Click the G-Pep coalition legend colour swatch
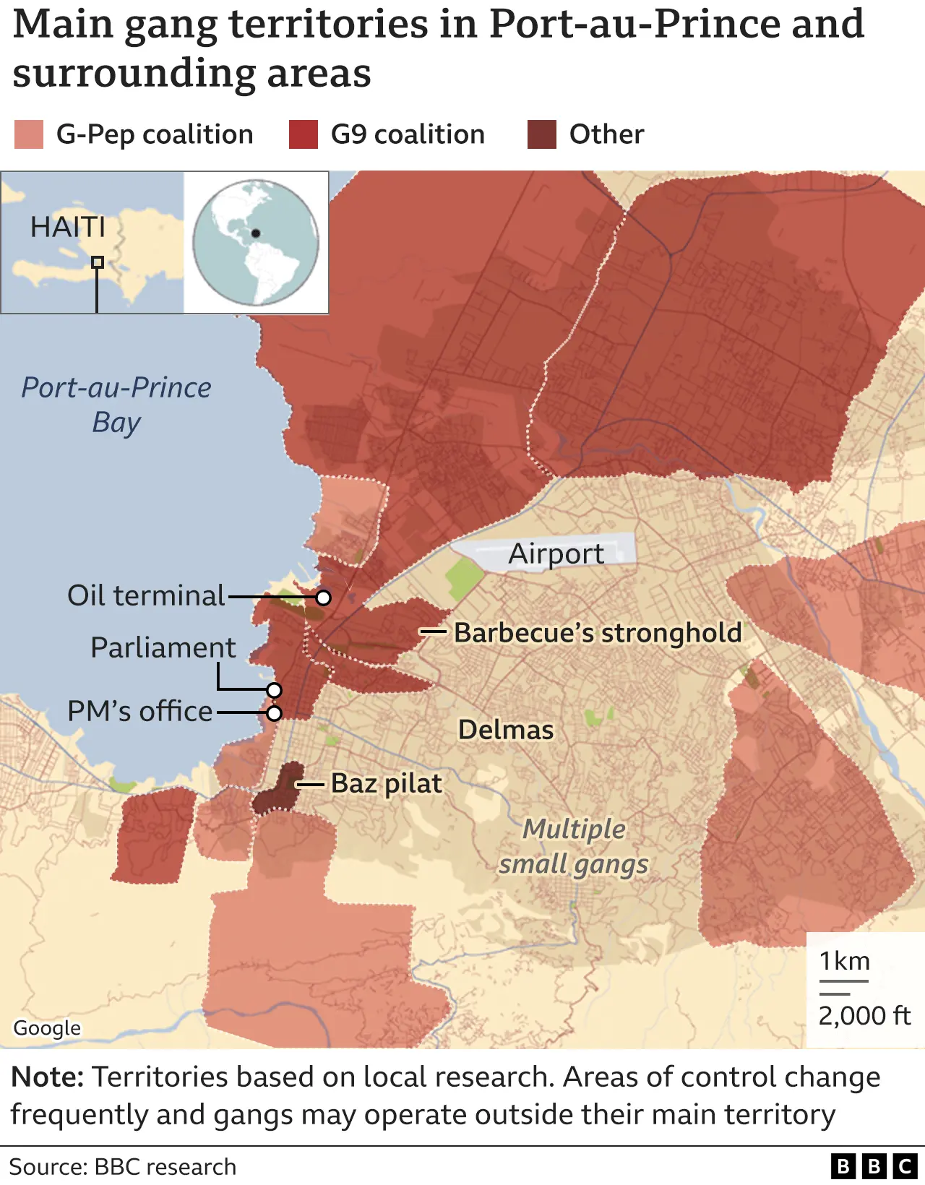pos(29,134)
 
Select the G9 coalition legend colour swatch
pos(303,134)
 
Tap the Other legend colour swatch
pos(541,134)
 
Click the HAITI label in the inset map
pos(68,227)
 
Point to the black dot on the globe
pos(255,233)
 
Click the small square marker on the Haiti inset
pos(98,262)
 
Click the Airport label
pos(556,554)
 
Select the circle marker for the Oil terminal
pos(324,598)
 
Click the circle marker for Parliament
pos(274,689)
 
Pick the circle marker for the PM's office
pos(274,713)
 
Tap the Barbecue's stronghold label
pos(598,632)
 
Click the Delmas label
pos(506,730)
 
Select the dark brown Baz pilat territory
pos(278,791)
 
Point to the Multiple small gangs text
pos(574,846)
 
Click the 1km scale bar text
pos(844,962)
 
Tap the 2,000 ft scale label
pos(864,1015)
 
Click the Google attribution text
pos(47,1027)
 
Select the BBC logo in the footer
pos(874,1166)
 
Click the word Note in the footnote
pos(47,1077)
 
